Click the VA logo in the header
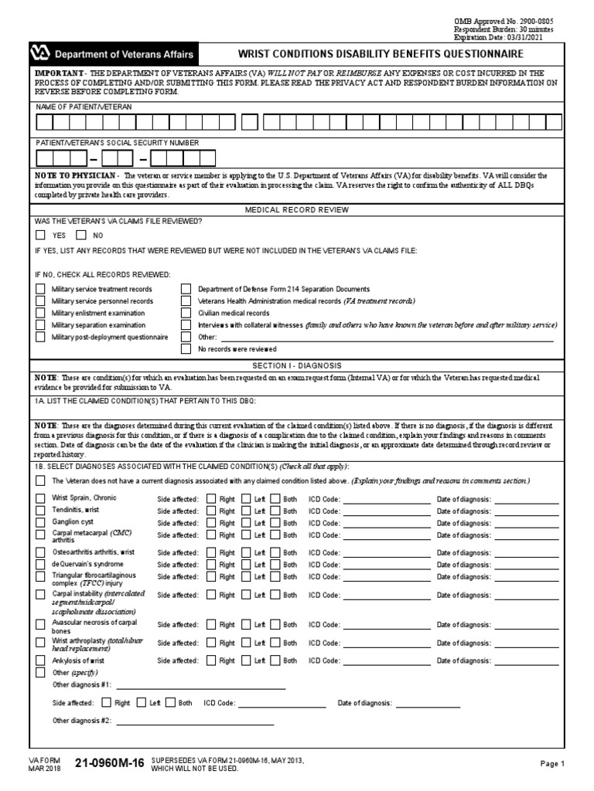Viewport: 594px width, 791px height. (x=39, y=54)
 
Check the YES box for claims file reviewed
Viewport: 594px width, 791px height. (x=40, y=235)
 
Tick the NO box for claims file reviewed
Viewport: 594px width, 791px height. (x=81, y=235)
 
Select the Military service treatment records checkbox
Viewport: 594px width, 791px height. (x=40, y=289)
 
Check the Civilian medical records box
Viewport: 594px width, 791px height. (x=186, y=313)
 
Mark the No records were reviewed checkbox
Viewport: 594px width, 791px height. (x=186, y=349)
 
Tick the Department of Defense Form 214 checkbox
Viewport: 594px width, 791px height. (x=186, y=289)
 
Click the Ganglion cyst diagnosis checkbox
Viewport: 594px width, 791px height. (x=40, y=523)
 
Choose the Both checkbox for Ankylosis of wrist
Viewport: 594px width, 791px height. (x=275, y=661)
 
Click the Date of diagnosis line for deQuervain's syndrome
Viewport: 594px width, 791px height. (x=526, y=565)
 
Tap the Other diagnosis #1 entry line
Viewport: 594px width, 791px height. (x=201, y=685)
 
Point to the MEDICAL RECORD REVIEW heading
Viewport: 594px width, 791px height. (x=297, y=209)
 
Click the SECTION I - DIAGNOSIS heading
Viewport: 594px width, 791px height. (x=297, y=365)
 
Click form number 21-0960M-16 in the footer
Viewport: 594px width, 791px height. (x=109, y=763)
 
